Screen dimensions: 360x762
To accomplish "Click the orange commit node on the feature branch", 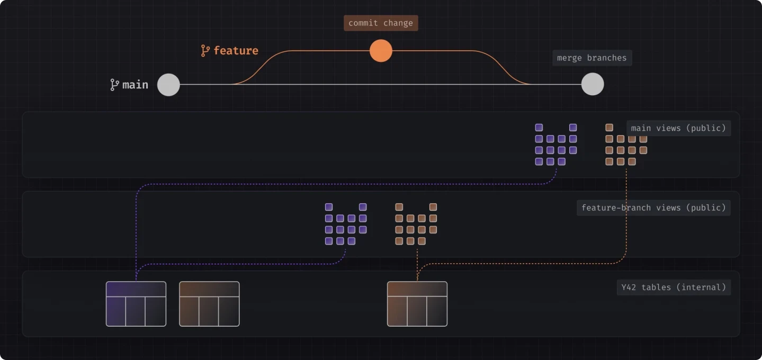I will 381,51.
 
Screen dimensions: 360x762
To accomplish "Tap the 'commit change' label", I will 381,23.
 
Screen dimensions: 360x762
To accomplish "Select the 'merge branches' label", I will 591,58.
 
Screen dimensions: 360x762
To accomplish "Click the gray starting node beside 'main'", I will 169,84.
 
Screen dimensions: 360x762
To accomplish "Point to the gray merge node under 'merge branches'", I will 593,84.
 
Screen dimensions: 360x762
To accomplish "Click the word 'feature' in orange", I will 236,51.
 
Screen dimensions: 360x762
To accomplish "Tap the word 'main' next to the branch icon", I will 135,85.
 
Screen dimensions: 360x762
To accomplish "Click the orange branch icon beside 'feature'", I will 205,51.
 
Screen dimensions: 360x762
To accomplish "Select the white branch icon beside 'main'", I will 114,85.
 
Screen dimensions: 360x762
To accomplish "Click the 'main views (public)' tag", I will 678,128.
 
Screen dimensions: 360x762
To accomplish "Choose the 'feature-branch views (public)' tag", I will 653,208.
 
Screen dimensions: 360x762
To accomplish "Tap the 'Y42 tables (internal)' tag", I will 674,287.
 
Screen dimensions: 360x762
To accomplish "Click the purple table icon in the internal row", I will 136,304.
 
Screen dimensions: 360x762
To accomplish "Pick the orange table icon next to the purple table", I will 209,304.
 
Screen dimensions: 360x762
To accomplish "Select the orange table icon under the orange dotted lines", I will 417,304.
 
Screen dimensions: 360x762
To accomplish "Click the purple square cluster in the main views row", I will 555,145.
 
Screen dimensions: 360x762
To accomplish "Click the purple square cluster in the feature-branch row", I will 346,224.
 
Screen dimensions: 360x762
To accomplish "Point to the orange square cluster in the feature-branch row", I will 416,224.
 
